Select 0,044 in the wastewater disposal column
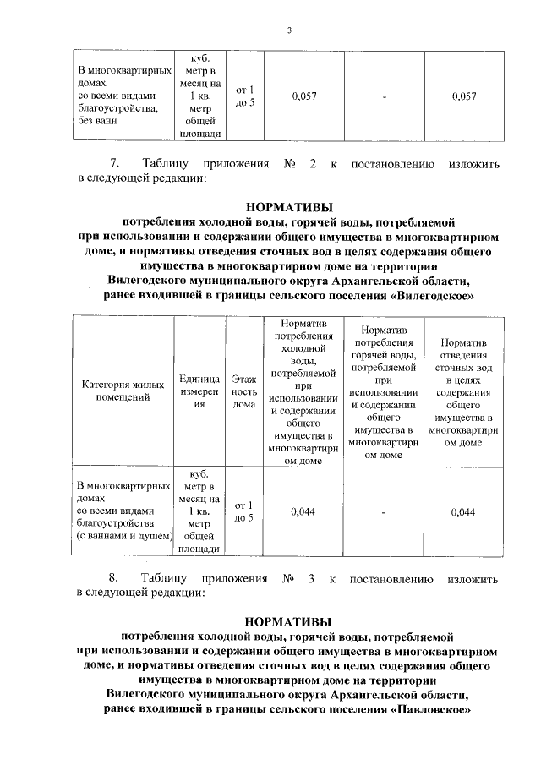(462, 511)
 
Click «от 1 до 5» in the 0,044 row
(243, 511)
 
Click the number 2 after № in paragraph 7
(312, 162)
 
